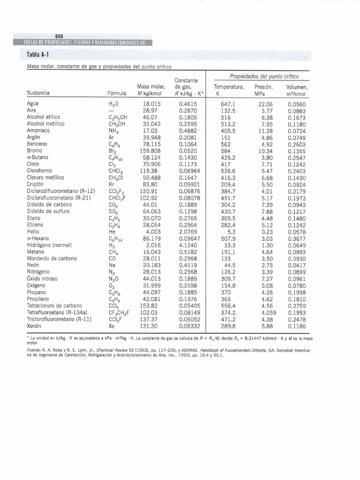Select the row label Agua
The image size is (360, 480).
[x=33, y=103]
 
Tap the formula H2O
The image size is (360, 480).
[x=114, y=104]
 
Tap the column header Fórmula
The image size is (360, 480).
[x=118, y=93]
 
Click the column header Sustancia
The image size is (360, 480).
[x=39, y=93]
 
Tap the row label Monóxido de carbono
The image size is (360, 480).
[x=52, y=258]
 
